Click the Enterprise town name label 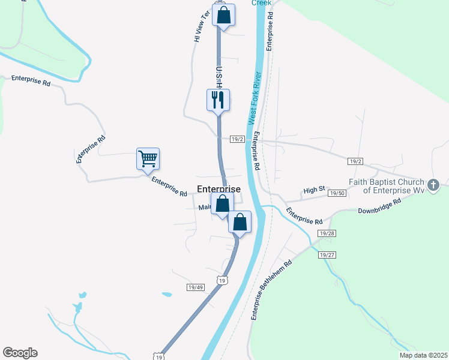[218, 189]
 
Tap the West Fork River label [254, 98]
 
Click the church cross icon [436, 183]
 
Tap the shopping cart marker [148, 159]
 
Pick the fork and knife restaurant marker [218, 100]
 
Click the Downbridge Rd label [378, 211]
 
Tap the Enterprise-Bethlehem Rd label [271, 289]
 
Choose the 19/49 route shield [196, 287]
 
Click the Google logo [20, 353]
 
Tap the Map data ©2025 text [423, 355]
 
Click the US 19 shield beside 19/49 [222, 280]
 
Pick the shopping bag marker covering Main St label [222, 203]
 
